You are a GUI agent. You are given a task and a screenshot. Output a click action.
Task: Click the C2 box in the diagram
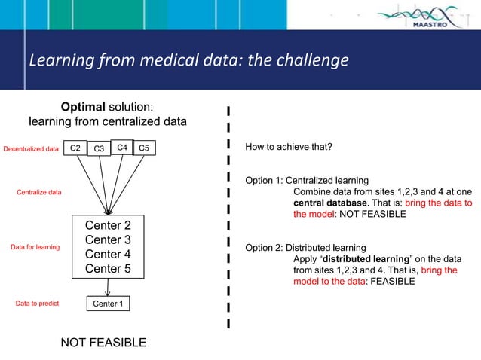tap(75, 148)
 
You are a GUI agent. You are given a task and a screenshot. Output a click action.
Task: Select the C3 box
tap(99, 149)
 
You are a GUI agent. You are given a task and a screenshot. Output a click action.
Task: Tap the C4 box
tap(121, 147)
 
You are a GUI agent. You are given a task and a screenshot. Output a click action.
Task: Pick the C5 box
tap(145, 148)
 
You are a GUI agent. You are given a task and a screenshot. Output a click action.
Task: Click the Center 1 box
tap(108, 304)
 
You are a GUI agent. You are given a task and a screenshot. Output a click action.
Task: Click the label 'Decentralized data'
tap(31, 149)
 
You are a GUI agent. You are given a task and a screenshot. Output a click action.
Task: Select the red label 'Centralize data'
tap(39, 193)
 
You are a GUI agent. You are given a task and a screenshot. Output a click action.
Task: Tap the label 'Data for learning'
tap(35, 247)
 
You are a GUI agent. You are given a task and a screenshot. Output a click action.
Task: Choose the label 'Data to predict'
tap(37, 304)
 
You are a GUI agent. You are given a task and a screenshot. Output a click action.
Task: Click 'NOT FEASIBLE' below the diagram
tap(103, 343)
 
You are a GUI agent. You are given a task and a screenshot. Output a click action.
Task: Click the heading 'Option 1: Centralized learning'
tap(307, 181)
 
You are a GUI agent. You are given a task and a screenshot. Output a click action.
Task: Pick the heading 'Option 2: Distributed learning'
tap(306, 247)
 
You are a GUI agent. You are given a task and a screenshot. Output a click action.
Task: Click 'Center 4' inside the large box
tap(108, 254)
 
